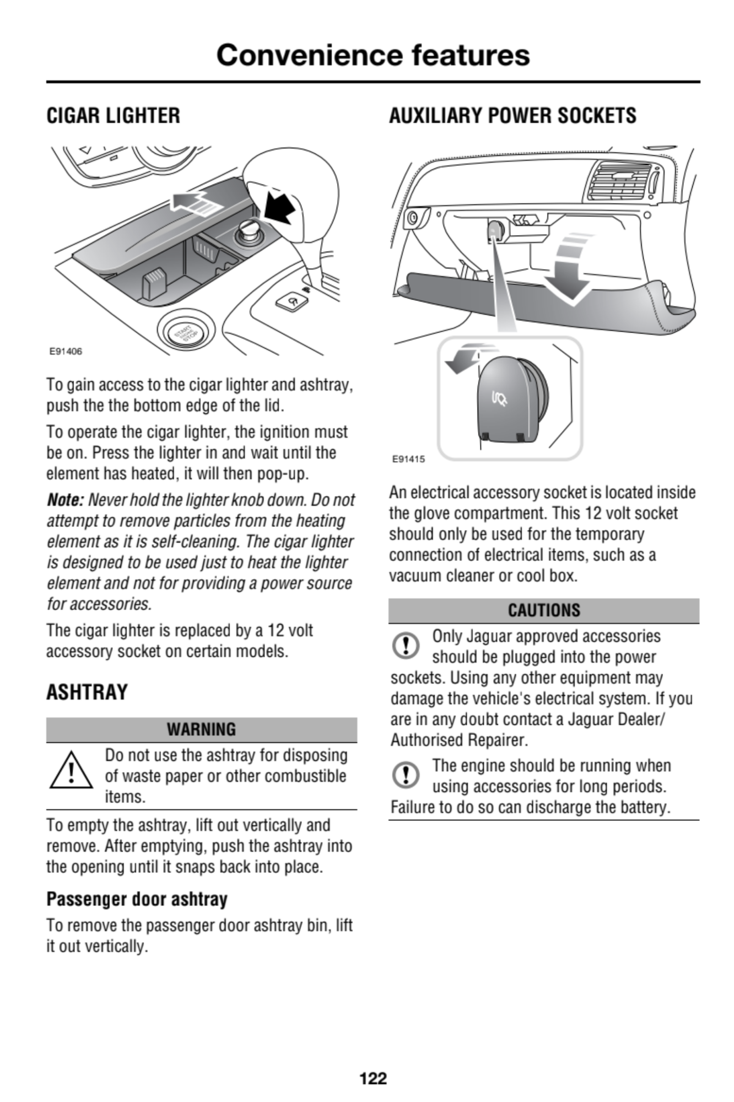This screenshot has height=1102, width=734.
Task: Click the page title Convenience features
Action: pos(373,55)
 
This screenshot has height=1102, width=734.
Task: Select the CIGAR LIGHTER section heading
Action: pos(113,116)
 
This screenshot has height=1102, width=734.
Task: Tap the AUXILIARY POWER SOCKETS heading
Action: pos(512,116)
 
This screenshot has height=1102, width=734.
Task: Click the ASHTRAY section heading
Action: pos(87,692)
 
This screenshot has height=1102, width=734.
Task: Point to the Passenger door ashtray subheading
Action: pos(137,899)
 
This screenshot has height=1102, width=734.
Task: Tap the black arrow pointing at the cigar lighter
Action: pos(282,207)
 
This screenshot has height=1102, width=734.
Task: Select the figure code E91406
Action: pos(66,352)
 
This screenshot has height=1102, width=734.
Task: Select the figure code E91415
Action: pos(408,458)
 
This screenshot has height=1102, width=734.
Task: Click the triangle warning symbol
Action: pos(71,771)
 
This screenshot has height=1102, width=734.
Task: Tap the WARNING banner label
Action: pos(201,730)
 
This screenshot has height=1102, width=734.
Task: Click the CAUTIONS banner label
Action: pos(544,611)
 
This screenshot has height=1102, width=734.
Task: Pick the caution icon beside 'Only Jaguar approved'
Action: pos(406,645)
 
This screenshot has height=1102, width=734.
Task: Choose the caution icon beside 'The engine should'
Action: pos(406,775)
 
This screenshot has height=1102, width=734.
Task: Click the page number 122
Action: pos(373,1078)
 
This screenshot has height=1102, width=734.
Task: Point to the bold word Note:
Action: pos(65,500)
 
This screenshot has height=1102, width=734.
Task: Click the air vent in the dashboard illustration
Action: pos(620,182)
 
